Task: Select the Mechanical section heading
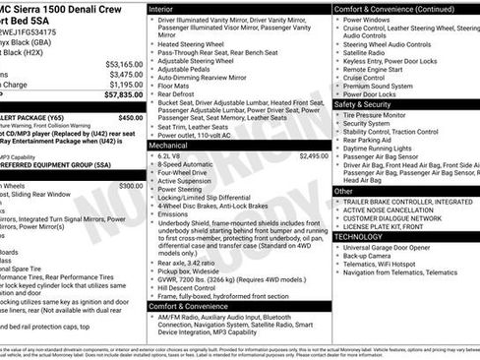click(x=175, y=145)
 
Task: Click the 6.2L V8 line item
click(x=171, y=155)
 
